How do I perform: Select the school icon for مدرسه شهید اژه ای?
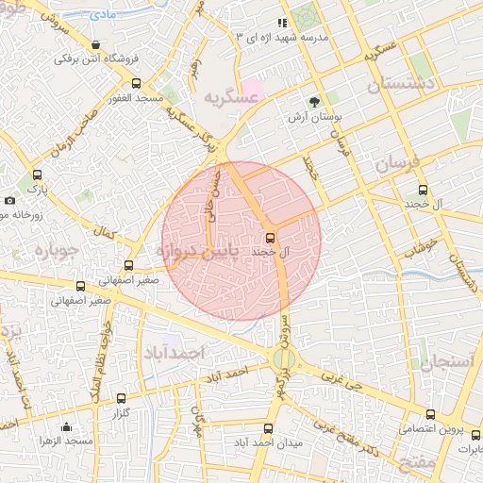pyautogui.click(x=281, y=23)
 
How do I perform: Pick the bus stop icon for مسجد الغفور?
pyautogui.click(x=137, y=83)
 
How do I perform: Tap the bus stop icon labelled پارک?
pyautogui.click(x=37, y=175)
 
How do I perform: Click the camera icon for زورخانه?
pyautogui.click(x=9, y=200)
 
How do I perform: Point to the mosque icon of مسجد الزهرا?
pyautogui.click(x=65, y=425)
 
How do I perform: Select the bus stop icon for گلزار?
pyautogui.click(x=120, y=398)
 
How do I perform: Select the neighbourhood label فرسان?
pyautogui.click(x=395, y=163)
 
